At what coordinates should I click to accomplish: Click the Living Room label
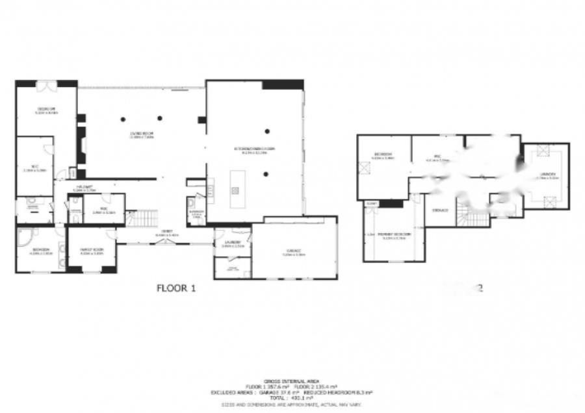141,135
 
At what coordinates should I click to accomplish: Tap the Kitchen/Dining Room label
255,150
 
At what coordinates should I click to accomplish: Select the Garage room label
294,253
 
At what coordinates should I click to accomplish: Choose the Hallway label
85,188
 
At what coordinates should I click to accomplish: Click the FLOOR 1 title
176,288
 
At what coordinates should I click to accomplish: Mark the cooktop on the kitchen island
235,190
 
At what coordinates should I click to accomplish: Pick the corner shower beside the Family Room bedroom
25,236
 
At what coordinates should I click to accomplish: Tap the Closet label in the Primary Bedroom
371,204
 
